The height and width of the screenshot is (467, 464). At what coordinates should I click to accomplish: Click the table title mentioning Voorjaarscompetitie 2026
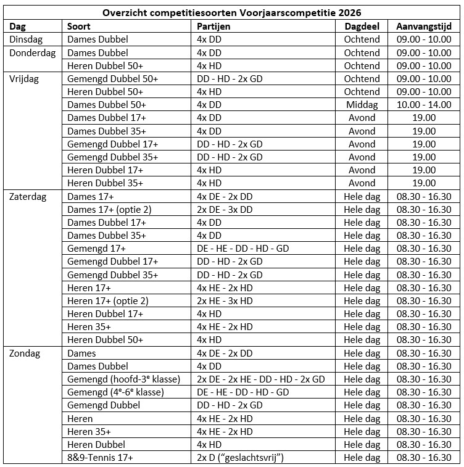(x=231, y=12)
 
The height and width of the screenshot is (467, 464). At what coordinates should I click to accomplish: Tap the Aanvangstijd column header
(x=424, y=26)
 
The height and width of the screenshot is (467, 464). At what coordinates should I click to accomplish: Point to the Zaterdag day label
(x=28, y=196)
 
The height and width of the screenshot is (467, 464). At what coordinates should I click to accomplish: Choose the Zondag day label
(x=26, y=353)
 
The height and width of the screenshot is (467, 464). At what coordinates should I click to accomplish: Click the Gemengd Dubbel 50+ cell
(x=112, y=79)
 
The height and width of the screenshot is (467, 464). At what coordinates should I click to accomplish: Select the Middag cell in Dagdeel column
(x=362, y=105)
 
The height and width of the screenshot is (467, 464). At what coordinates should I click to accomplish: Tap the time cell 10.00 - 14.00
(x=423, y=105)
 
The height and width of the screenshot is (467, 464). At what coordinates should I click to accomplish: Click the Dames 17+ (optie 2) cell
(x=109, y=209)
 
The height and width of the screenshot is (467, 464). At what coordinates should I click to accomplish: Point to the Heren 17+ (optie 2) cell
(x=108, y=300)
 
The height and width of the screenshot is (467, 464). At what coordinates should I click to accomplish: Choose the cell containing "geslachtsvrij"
(x=240, y=457)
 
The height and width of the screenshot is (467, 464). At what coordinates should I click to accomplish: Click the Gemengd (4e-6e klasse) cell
(x=115, y=392)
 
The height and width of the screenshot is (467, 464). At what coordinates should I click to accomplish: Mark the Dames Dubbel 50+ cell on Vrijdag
(x=107, y=105)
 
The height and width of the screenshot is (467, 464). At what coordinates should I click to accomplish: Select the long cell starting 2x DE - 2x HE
(x=260, y=379)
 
